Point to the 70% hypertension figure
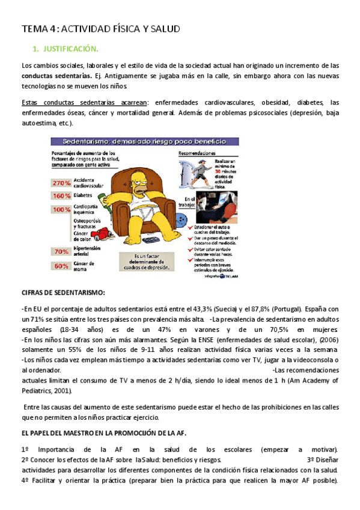click(61, 251)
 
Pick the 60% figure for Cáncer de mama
click(61, 265)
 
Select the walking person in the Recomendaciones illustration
click(201, 171)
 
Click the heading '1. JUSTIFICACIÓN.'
click(64, 49)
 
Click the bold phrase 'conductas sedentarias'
click(53, 76)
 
